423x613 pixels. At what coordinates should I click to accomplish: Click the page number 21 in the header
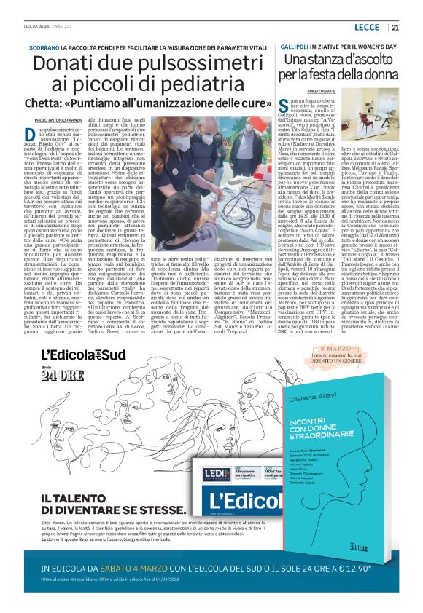[395, 28]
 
